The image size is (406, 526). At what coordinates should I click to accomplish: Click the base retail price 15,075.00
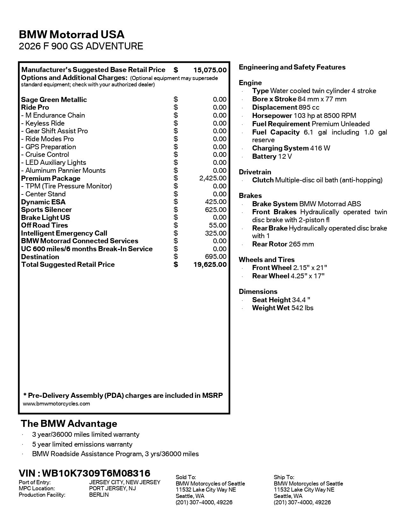(210, 70)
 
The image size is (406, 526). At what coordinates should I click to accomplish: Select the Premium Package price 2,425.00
(213, 178)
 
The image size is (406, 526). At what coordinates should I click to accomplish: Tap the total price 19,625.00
(210, 265)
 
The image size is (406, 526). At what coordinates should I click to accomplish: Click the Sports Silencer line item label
(46, 210)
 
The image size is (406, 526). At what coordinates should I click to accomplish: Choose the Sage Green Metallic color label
(54, 100)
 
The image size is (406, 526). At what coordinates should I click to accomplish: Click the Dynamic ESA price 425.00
(216, 202)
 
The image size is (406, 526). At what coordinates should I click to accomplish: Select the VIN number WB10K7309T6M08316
(96, 473)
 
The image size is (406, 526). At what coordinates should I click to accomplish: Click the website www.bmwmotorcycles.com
(56, 404)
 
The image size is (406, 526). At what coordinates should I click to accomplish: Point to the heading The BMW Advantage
(69, 424)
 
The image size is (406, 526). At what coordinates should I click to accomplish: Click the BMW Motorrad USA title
(72, 34)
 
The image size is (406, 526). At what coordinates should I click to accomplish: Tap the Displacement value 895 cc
(309, 107)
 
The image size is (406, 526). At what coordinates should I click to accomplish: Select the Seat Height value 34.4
(301, 300)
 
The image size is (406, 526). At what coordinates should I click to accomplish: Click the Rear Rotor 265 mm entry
(283, 244)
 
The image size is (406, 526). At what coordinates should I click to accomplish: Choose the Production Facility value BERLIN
(99, 495)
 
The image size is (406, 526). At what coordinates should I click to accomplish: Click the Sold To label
(186, 477)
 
